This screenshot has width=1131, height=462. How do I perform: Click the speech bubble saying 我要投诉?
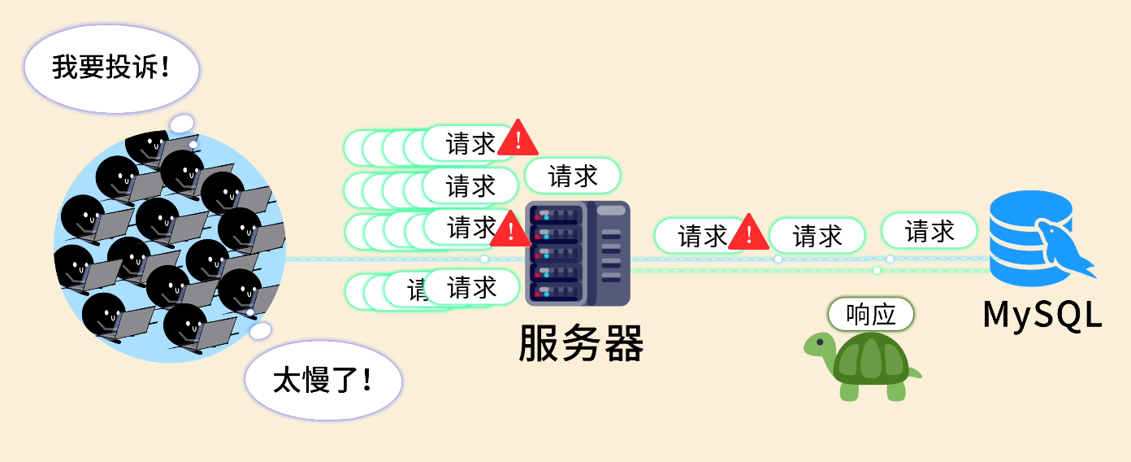click(x=111, y=68)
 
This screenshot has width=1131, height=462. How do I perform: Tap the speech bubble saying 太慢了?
click(x=323, y=381)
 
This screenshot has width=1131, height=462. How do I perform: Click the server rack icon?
click(x=577, y=253)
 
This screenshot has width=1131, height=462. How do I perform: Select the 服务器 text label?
click(x=581, y=343)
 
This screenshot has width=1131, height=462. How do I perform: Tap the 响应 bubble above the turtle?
click(x=871, y=314)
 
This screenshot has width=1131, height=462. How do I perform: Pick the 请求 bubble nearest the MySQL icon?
click(x=929, y=231)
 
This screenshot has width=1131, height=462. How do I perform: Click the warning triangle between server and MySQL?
click(x=748, y=233)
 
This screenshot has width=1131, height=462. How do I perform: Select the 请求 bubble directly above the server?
click(x=573, y=176)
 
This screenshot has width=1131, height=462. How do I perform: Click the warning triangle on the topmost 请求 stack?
click(x=518, y=138)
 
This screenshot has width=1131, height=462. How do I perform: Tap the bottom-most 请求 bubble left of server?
click(x=471, y=287)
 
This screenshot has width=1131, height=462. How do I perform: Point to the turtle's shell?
click(x=872, y=361)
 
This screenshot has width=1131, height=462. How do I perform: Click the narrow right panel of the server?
click(x=612, y=252)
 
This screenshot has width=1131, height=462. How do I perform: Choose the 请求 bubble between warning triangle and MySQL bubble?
click(x=817, y=236)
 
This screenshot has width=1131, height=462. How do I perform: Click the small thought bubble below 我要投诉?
click(x=182, y=124)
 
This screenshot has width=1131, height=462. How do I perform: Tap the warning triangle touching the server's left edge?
click(x=511, y=230)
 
